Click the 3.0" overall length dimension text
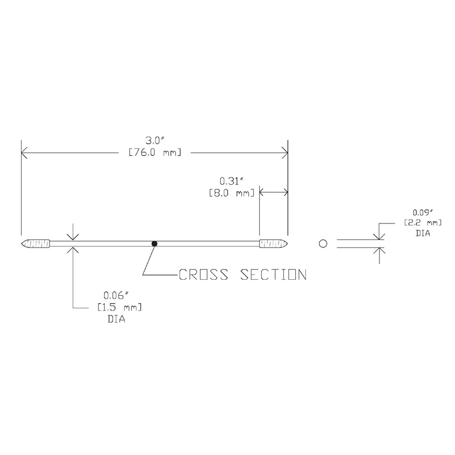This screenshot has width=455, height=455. click(155, 140)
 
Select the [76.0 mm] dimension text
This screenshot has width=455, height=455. click(155, 152)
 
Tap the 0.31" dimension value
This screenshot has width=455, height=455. click(231, 181)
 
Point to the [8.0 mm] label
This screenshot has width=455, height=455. click(231, 193)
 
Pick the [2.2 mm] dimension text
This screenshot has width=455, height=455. click(423, 223)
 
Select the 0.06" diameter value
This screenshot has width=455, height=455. click(115, 296)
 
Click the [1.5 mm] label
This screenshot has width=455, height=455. click(119, 307)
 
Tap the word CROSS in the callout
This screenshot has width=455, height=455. click(203, 275)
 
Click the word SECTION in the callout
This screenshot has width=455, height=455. click(274, 275)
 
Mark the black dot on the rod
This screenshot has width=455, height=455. click(154, 244)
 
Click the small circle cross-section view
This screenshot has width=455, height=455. click(323, 243)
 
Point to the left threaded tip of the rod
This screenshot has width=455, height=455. click(36, 243)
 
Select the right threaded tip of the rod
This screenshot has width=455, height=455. click(274, 243)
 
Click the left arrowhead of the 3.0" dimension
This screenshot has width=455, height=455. click(24, 152)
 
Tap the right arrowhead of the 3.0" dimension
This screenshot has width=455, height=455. click(285, 152)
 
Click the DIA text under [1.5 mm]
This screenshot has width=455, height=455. click(117, 319)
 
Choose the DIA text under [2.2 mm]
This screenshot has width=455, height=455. click(423, 233)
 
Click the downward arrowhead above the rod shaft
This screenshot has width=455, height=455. click(73, 237)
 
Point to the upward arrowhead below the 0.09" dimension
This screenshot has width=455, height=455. click(379, 251)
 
